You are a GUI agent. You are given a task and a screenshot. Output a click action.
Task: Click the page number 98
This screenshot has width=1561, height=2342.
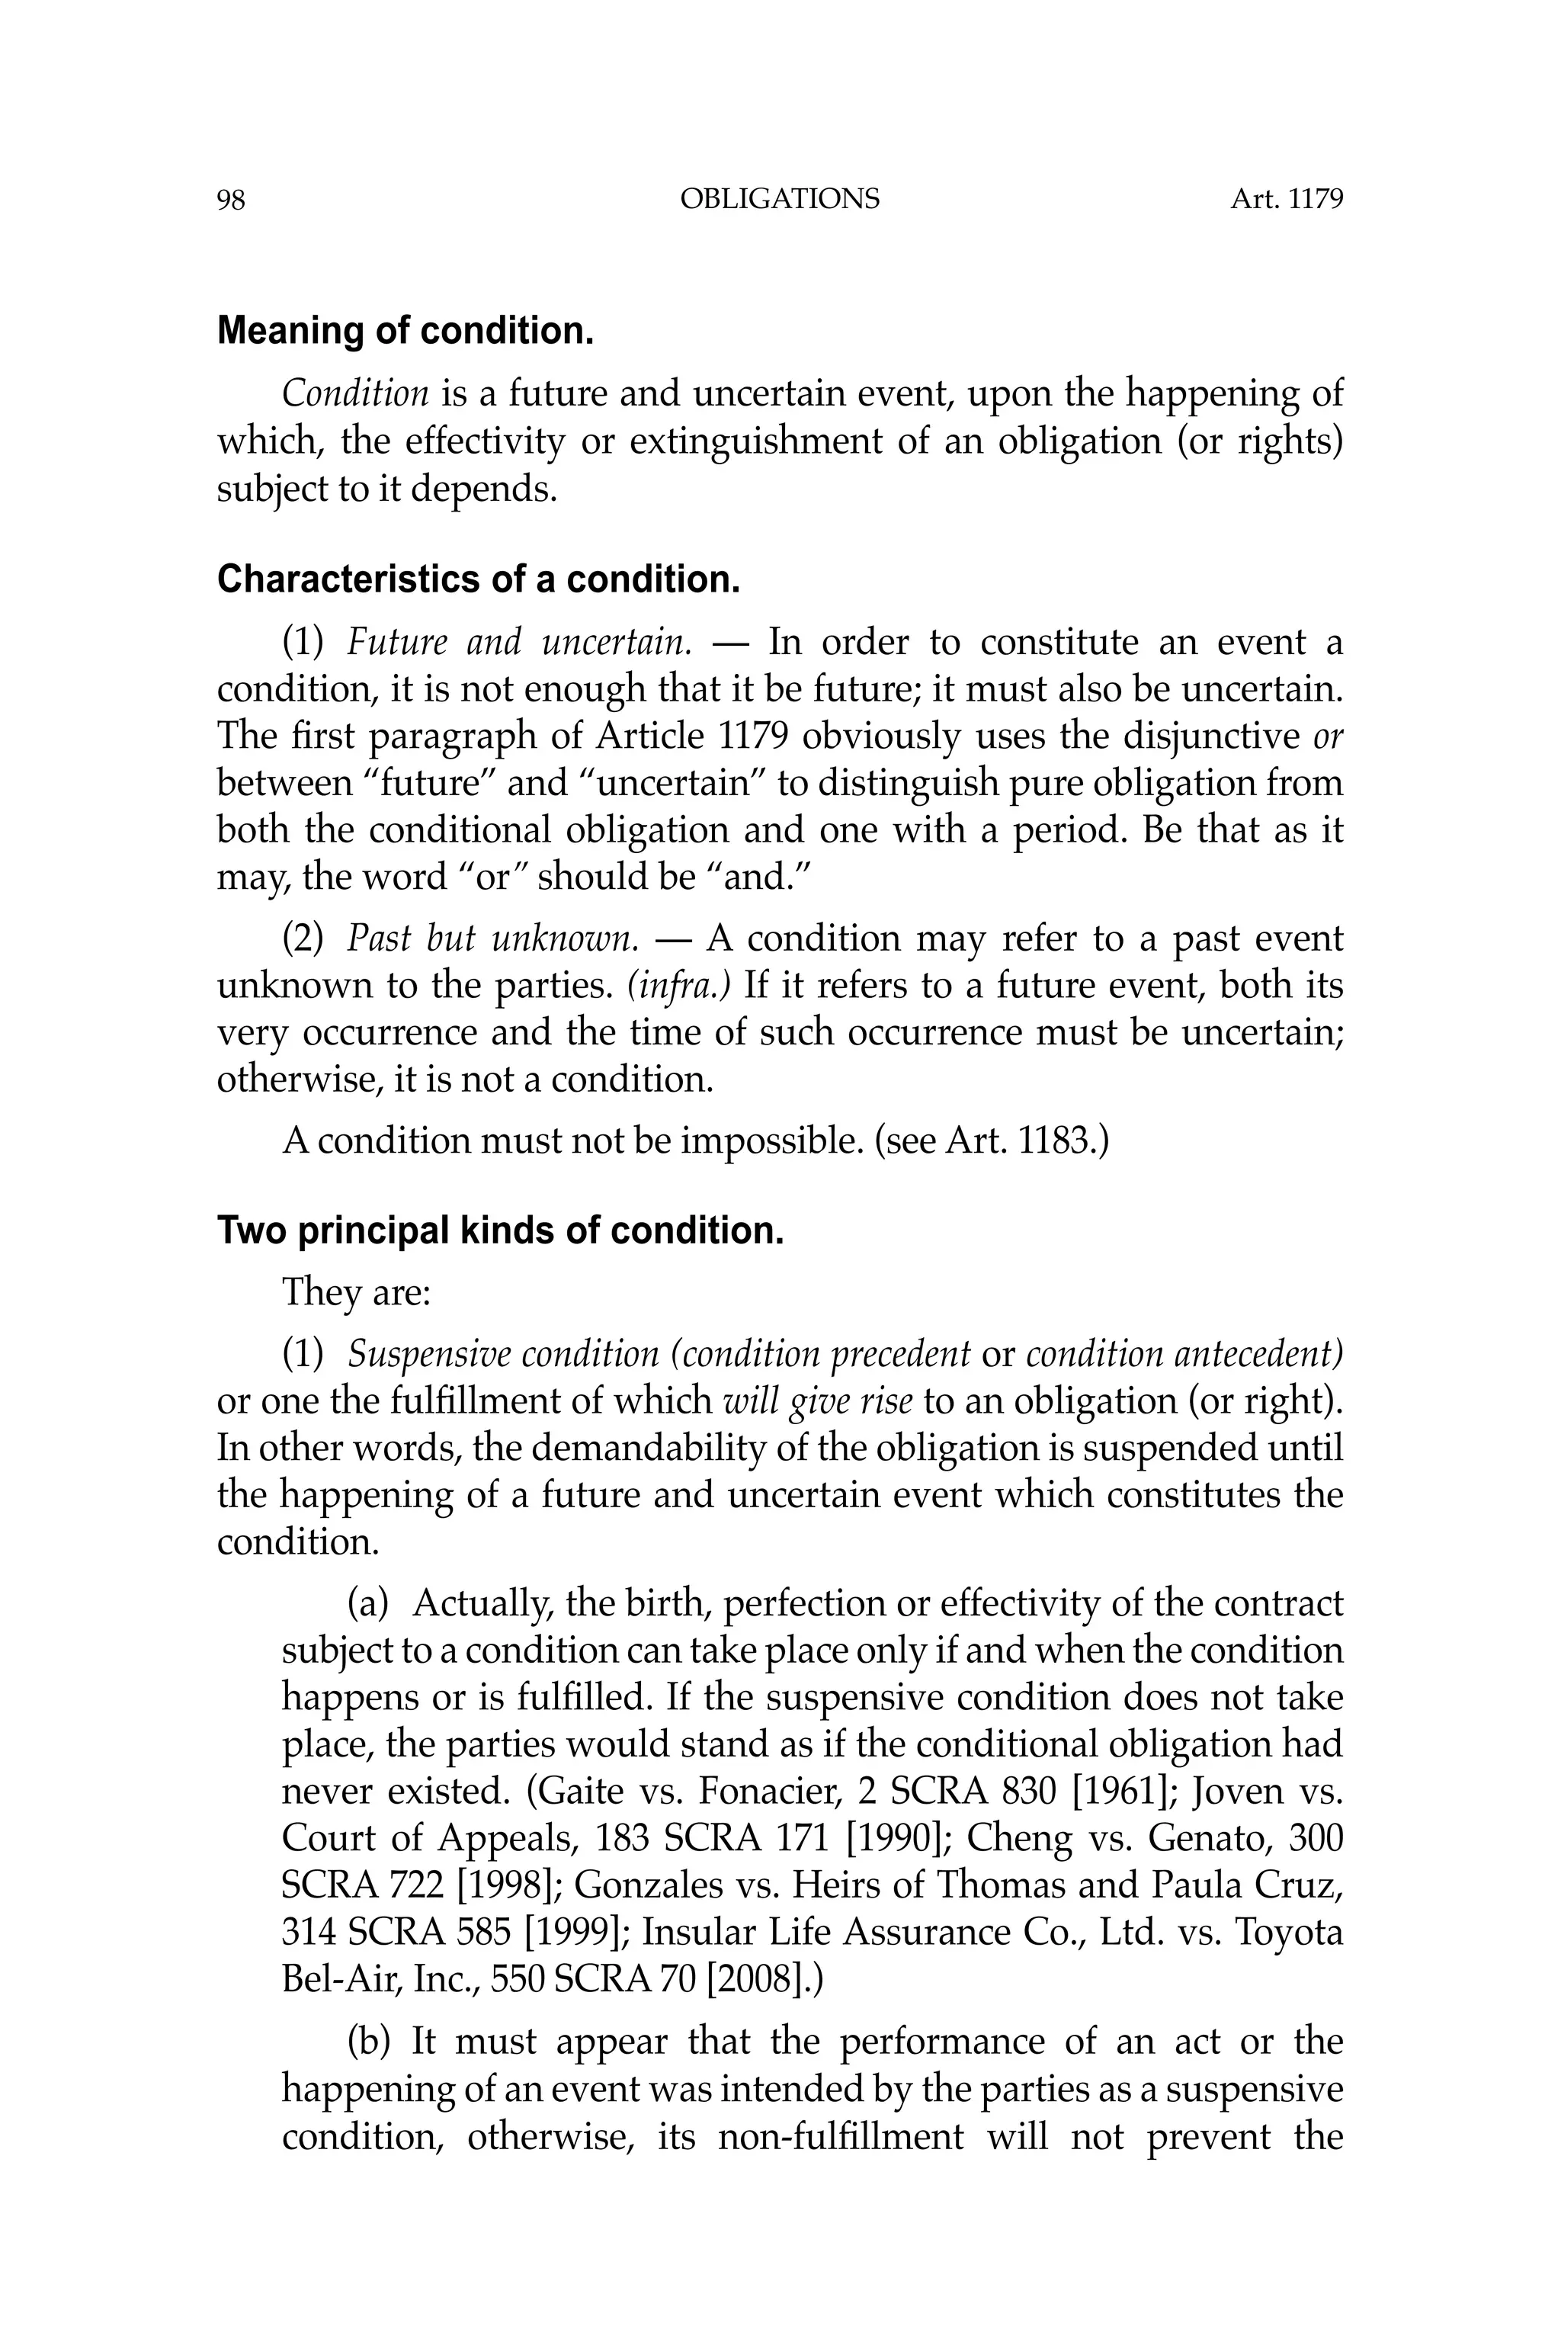click(230, 201)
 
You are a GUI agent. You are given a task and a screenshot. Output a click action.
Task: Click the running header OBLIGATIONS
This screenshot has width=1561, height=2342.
click(780, 199)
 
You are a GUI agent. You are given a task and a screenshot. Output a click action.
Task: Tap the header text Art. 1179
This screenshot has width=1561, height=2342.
click(1287, 199)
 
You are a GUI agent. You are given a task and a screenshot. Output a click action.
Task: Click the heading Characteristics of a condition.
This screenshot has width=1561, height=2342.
click(478, 579)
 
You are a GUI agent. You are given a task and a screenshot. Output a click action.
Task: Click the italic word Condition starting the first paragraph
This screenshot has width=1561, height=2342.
click(355, 393)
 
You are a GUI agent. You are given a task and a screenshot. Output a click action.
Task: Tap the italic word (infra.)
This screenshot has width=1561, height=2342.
click(679, 985)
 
